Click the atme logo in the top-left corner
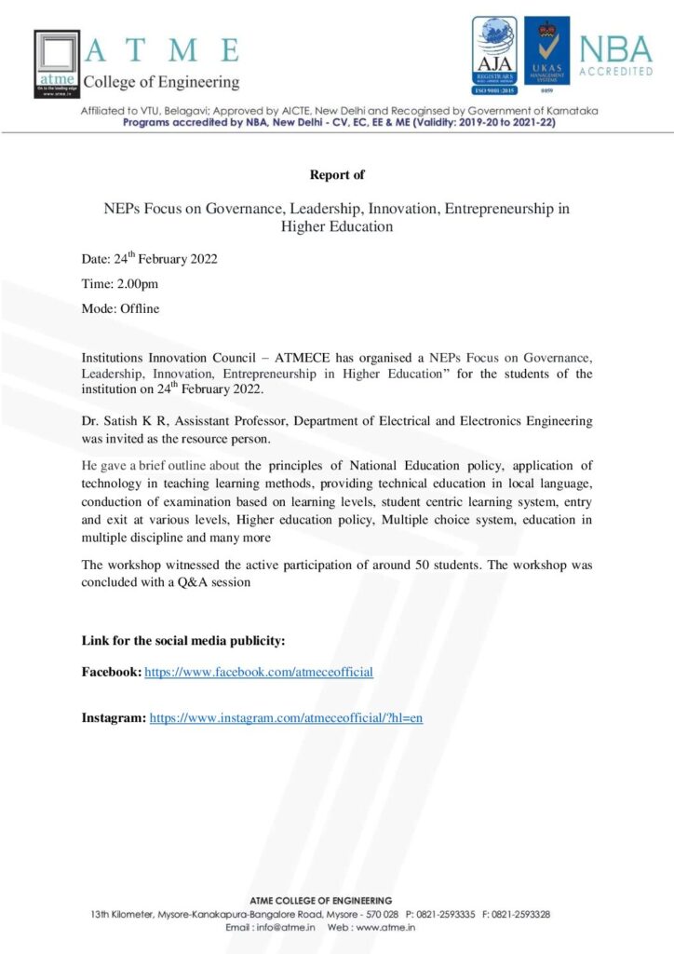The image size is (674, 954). [x=58, y=63]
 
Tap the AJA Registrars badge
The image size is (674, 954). [x=494, y=58]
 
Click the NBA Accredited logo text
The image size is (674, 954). [x=615, y=56]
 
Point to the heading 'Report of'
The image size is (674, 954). [x=337, y=174]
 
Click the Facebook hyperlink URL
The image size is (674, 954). [x=260, y=671]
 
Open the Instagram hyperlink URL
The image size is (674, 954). [x=287, y=718]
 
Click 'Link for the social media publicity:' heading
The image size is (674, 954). [x=183, y=640]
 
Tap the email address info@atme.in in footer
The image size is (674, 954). [x=288, y=928]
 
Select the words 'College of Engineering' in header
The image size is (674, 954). [x=161, y=82]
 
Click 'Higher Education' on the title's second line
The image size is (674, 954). [x=337, y=225]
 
